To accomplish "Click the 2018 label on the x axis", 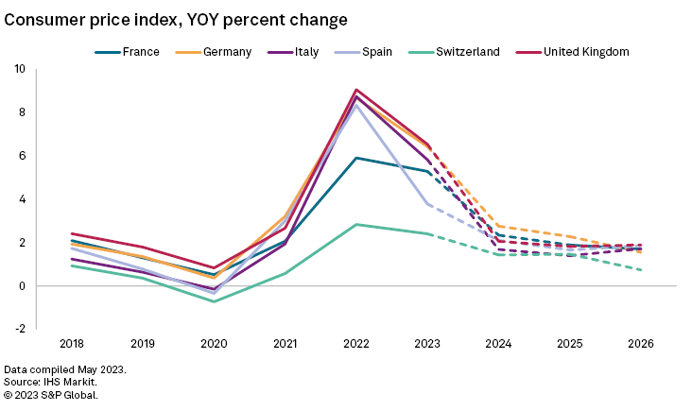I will point(71,344).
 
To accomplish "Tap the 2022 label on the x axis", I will point(355,344).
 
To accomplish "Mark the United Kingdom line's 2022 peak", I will point(355,90).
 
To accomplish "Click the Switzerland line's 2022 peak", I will point(355,224).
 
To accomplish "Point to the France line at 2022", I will point(355,158).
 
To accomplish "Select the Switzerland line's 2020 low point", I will point(214,301).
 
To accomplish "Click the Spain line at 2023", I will point(427,204).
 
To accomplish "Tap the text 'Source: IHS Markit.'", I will point(56,381).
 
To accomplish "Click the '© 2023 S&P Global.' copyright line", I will point(51,394).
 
